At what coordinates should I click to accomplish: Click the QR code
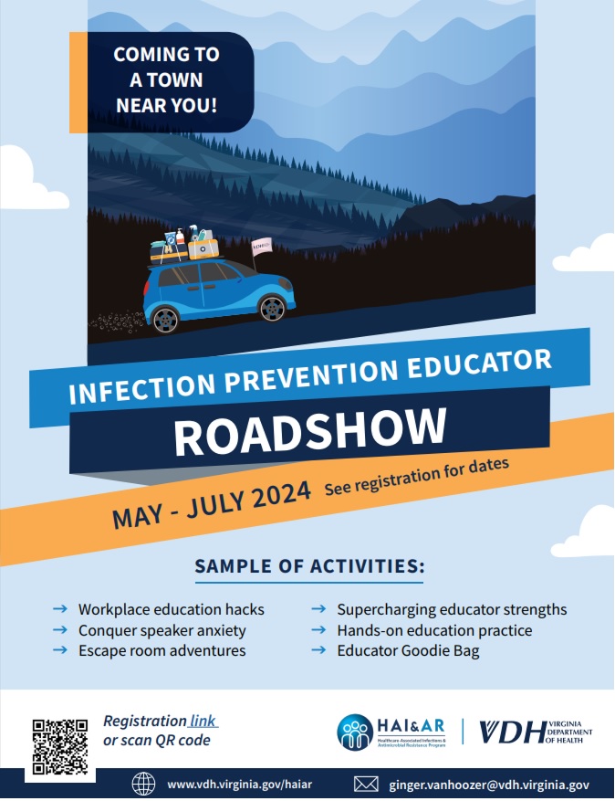coord(59,746)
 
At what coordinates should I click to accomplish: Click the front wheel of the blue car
coord(272,307)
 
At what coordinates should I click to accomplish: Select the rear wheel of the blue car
coord(166,318)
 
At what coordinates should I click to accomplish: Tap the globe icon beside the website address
coord(144,784)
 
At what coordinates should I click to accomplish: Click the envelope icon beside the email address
coord(366,784)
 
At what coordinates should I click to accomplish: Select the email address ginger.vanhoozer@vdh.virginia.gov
coord(489,784)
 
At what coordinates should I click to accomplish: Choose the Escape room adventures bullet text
coord(162,651)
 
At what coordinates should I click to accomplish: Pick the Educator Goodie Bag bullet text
coord(407,651)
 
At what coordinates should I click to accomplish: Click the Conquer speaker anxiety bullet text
coord(162,630)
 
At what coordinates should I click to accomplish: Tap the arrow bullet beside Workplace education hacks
coord(60,609)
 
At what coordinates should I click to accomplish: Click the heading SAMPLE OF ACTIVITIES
coord(309,566)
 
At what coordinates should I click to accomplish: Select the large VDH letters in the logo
coord(512,732)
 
